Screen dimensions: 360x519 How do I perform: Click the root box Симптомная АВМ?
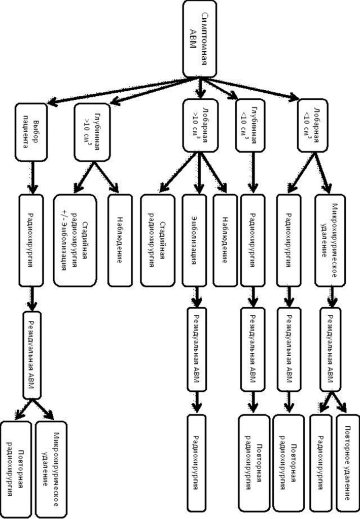(x=200, y=39)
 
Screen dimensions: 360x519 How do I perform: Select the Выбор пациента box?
(x=31, y=132)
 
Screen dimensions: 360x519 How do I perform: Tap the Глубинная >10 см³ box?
(x=92, y=132)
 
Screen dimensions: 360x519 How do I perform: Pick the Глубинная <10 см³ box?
(x=251, y=126)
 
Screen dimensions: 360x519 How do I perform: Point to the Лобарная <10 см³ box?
(x=313, y=126)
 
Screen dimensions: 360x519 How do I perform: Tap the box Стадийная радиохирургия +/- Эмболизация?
(x=75, y=240)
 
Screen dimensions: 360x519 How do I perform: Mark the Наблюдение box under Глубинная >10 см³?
(x=120, y=240)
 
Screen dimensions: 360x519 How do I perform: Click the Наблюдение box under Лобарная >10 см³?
(x=225, y=240)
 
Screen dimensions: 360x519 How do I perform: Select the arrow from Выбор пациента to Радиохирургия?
(x=32, y=178)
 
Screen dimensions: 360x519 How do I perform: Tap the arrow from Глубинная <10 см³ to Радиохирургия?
(x=253, y=173)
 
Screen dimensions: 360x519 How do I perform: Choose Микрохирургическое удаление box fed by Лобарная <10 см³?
(x=330, y=240)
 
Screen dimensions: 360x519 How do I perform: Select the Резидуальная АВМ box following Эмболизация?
(x=197, y=350)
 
